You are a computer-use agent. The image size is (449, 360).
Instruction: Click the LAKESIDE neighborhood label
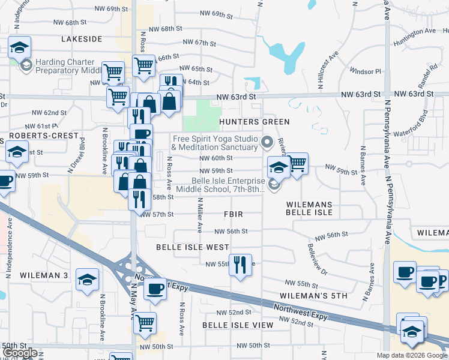click(82, 38)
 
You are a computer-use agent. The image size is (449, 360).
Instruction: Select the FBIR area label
click(233, 214)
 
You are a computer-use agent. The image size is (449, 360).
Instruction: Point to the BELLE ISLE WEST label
click(192, 247)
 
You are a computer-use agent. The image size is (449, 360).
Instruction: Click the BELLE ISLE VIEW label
click(237, 325)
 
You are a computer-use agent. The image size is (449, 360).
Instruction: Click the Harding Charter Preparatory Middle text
click(65, 66)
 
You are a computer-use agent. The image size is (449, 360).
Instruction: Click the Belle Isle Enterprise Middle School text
click(228, 185)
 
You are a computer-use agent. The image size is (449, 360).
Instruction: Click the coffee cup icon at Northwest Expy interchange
click(155, 289)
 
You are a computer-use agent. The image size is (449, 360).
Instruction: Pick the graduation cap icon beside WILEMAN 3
click(87, 279)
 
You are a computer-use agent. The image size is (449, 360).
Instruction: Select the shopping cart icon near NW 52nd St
click(145, 323)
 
